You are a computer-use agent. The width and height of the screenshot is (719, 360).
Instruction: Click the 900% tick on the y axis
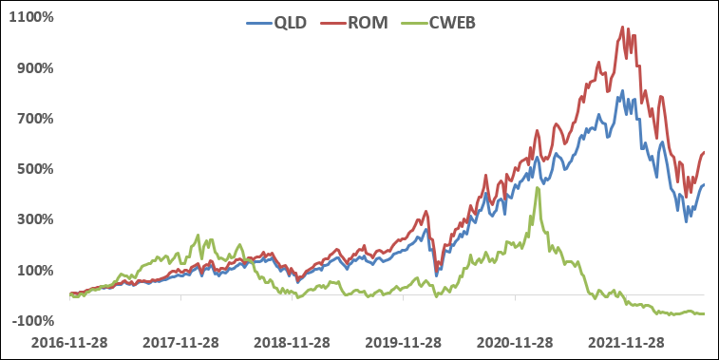(33, 68)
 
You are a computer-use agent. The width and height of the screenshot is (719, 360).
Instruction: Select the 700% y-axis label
(33, 119)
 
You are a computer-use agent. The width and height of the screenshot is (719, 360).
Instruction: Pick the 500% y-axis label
(33, 169)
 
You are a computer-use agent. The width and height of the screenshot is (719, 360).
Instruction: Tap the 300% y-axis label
(33, 219)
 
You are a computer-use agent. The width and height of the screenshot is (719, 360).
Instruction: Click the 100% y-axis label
(33, 270)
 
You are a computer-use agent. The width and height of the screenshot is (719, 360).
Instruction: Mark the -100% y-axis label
(31, 320)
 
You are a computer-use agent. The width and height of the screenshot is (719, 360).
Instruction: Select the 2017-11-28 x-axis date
(180, 342)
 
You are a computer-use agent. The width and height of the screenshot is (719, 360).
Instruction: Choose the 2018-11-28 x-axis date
(292, 342)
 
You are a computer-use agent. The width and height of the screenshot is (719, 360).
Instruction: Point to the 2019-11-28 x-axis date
(403, 342)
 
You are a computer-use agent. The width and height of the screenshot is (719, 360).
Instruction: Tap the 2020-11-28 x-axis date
(514, 342)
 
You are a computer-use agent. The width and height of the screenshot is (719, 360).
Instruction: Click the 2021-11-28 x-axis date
(625, 342)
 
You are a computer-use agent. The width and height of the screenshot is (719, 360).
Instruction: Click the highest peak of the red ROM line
(621, 28)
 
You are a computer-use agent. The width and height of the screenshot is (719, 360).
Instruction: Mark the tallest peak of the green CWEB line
(538, 188)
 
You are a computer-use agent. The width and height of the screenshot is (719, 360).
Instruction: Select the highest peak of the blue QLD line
(622, 91)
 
